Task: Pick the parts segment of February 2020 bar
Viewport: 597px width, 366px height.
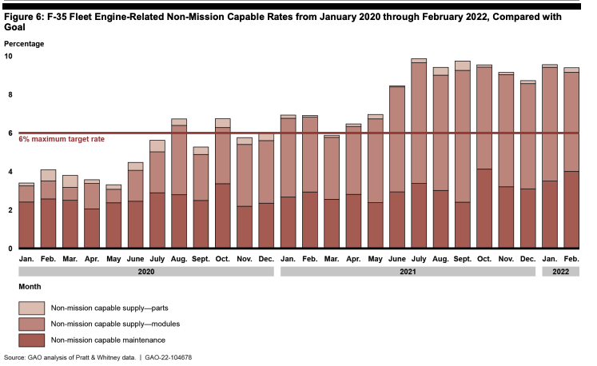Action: [x=49, y=175]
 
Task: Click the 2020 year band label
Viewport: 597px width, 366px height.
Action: [x=145, y=272]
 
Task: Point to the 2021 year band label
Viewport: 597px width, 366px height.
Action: [x=408, y=272]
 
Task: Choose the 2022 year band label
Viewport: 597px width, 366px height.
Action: [x=560, y=272]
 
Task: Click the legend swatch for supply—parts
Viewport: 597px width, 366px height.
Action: [x=33, y=308]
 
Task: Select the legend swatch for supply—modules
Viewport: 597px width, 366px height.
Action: [x=33, y=324]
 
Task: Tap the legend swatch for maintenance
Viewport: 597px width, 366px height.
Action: [x=33, y=341]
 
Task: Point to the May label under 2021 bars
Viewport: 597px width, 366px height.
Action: [x=375, y=259]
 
